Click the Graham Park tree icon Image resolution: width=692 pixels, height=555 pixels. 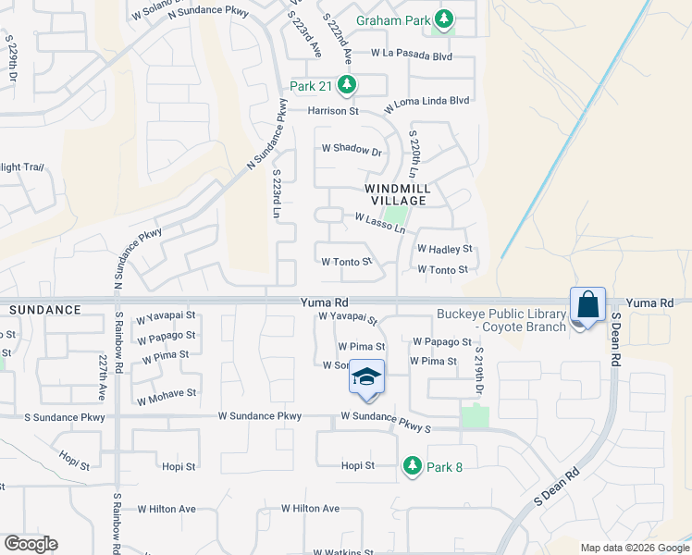click(445, 18)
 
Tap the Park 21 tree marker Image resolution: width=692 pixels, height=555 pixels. click(347, 86)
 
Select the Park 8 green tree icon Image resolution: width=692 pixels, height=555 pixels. click(413, 467)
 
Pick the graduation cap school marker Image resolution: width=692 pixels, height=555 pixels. click(367, 377)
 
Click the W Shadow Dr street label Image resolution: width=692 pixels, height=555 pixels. click(352, 150)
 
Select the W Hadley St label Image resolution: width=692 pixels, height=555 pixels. click(445, 249)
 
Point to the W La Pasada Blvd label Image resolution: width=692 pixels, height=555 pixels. click(411, 55)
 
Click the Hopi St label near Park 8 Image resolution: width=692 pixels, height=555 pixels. click(357, 466)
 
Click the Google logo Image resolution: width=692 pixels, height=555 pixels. click(31, 544)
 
